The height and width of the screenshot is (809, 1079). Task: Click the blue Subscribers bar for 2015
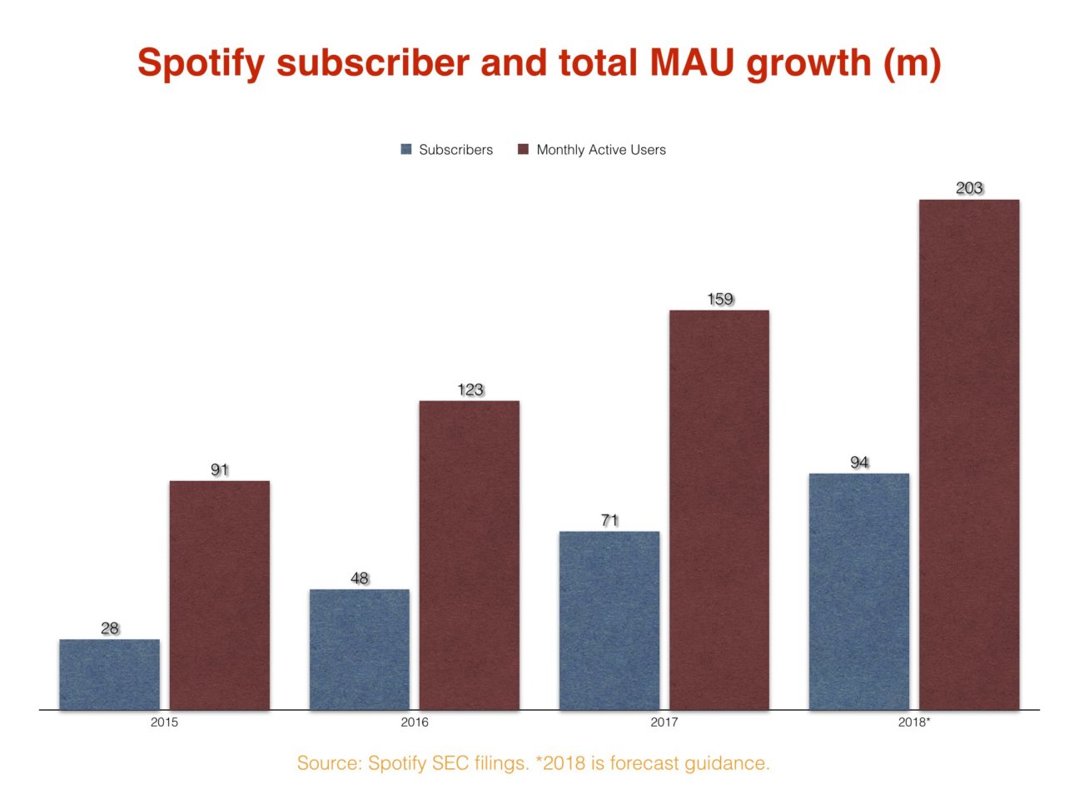click(109, 674)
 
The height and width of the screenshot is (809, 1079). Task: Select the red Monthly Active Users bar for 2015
click(219, 595)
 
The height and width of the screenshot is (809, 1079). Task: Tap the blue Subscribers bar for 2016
click(359, 649)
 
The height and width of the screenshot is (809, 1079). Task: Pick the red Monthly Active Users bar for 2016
click(469, 555)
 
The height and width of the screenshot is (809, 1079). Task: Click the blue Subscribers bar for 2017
click(609, 620)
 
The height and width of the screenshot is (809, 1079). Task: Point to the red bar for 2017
click(719, 509)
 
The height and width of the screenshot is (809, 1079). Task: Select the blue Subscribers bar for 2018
click(858, 591)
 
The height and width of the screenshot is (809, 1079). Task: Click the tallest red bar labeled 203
click(968, 454)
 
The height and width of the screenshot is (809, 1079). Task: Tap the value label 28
click(109, 628)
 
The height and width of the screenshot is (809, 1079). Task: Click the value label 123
click(470, 390)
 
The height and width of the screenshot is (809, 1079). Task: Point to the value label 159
click(719, 299)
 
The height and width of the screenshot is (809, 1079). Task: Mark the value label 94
click(858, 462)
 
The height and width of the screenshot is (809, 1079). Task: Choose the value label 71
click(609, 520)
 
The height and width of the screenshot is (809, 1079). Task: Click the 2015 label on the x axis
click(164, 722)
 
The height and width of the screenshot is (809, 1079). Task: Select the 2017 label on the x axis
click(664, 722)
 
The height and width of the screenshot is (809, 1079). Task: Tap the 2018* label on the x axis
click(913, 722)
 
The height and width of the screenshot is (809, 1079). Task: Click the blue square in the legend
click(406, 150)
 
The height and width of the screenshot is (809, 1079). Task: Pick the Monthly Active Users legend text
click(600, 150)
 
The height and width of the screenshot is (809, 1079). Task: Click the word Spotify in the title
click(201, 63)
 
